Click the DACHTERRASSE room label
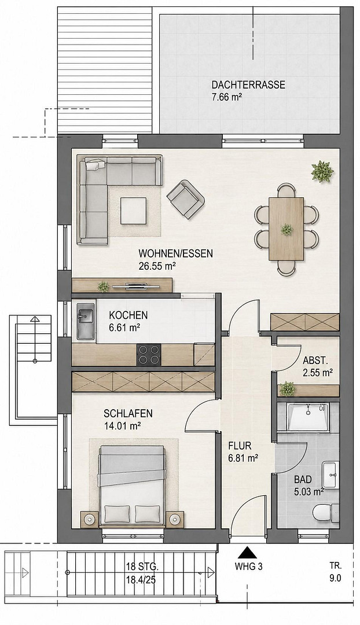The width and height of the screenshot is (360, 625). click(248, 85)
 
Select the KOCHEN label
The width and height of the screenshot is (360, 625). click(128, 315)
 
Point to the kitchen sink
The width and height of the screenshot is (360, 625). click(86, 321)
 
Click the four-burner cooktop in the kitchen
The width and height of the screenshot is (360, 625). click(149, 354)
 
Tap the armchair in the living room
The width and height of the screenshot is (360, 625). click(186, 199)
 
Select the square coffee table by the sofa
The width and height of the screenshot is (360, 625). click(134, 211)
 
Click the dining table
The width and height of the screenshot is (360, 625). click(286, 229)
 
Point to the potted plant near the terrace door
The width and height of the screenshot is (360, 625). click(322, 171)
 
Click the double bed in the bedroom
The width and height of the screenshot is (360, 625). click(133, 486)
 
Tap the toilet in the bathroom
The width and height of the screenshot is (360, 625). click(325, 513)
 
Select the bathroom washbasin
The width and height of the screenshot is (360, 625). click(330, 475)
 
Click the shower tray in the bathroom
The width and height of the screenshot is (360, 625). click(308, 417)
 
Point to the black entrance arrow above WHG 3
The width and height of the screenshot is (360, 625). click(248, 553)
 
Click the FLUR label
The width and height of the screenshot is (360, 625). click(240, 446)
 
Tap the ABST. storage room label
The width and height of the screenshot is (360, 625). click(315, 361)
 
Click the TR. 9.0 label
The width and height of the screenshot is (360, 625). click(336, 572)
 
